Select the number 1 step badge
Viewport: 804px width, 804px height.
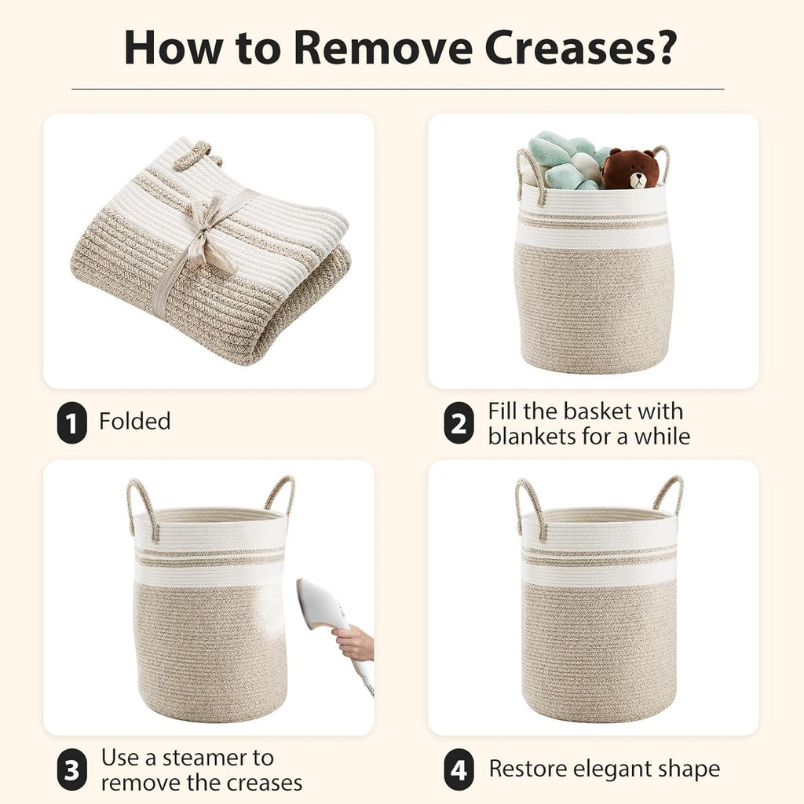click(71, 422)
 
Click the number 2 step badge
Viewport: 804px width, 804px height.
click(459, 422)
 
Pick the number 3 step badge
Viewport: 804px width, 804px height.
click(71, 769)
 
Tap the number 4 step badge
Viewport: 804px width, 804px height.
click(459, 769)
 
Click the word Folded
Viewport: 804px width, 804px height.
click(135, 421)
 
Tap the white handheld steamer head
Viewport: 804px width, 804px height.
click(321, 605)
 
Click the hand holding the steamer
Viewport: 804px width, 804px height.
click(355, 644)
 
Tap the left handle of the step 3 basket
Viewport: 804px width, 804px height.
click(141, 508)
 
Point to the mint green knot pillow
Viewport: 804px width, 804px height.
click(564, 160)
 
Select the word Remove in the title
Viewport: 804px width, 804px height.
click(382, 47)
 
